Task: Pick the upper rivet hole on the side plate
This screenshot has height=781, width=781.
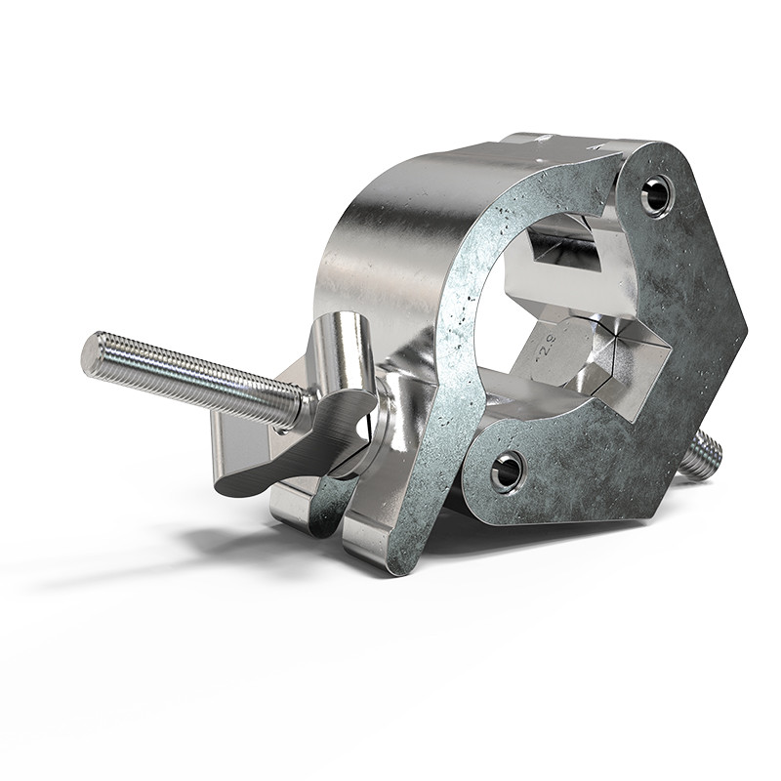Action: (656, 193)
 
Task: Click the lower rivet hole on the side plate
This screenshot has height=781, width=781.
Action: (507, 472)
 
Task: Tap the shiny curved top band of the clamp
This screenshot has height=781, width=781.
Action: (390, 225)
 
